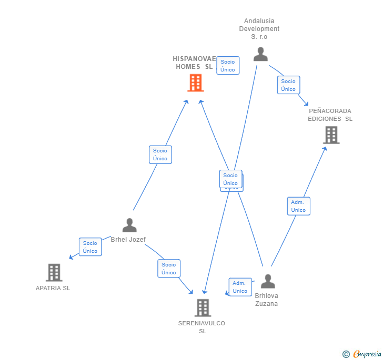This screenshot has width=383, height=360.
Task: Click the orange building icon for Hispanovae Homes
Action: click(x=196, y=83)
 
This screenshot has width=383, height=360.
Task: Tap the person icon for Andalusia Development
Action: click(x=260, y=54)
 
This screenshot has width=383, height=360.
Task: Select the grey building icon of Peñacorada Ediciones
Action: click(x=331, y=135)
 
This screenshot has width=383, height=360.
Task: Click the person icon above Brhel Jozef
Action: click(x=129, y=225)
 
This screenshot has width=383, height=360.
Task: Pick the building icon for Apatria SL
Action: click(x=54, y=272)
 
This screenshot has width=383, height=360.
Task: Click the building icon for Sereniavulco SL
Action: click(x=203, y=307)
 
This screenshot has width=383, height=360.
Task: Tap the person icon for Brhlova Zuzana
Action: click(x=268, y=281)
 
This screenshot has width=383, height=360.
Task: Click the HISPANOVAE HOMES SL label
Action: click(x=194, y=63)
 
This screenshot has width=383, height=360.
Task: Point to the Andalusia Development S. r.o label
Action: click(x=259, y=29)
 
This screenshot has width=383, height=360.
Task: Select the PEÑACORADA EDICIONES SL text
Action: click(x=330, y=115)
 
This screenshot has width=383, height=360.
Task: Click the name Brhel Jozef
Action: click(x=128, y=240)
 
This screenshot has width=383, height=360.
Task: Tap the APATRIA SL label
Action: click(x=53, y=288)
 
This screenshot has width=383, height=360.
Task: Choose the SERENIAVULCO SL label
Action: click(x=202, y=327)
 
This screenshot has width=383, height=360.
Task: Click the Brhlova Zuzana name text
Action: click(x=266, y=300)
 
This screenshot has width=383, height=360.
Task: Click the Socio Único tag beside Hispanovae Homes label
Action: click(x=228, y=66)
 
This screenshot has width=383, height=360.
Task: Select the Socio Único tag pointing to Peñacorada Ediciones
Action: click(x=288, y=85)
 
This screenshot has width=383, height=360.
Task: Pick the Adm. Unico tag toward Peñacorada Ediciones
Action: click(x=298, y=206)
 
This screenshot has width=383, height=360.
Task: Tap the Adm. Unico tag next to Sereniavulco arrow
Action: click(x=240, y=287)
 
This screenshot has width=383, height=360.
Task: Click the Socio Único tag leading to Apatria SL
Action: click(x=90, y=247)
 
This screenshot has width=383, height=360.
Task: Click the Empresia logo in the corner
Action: click(x=362, y=354)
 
